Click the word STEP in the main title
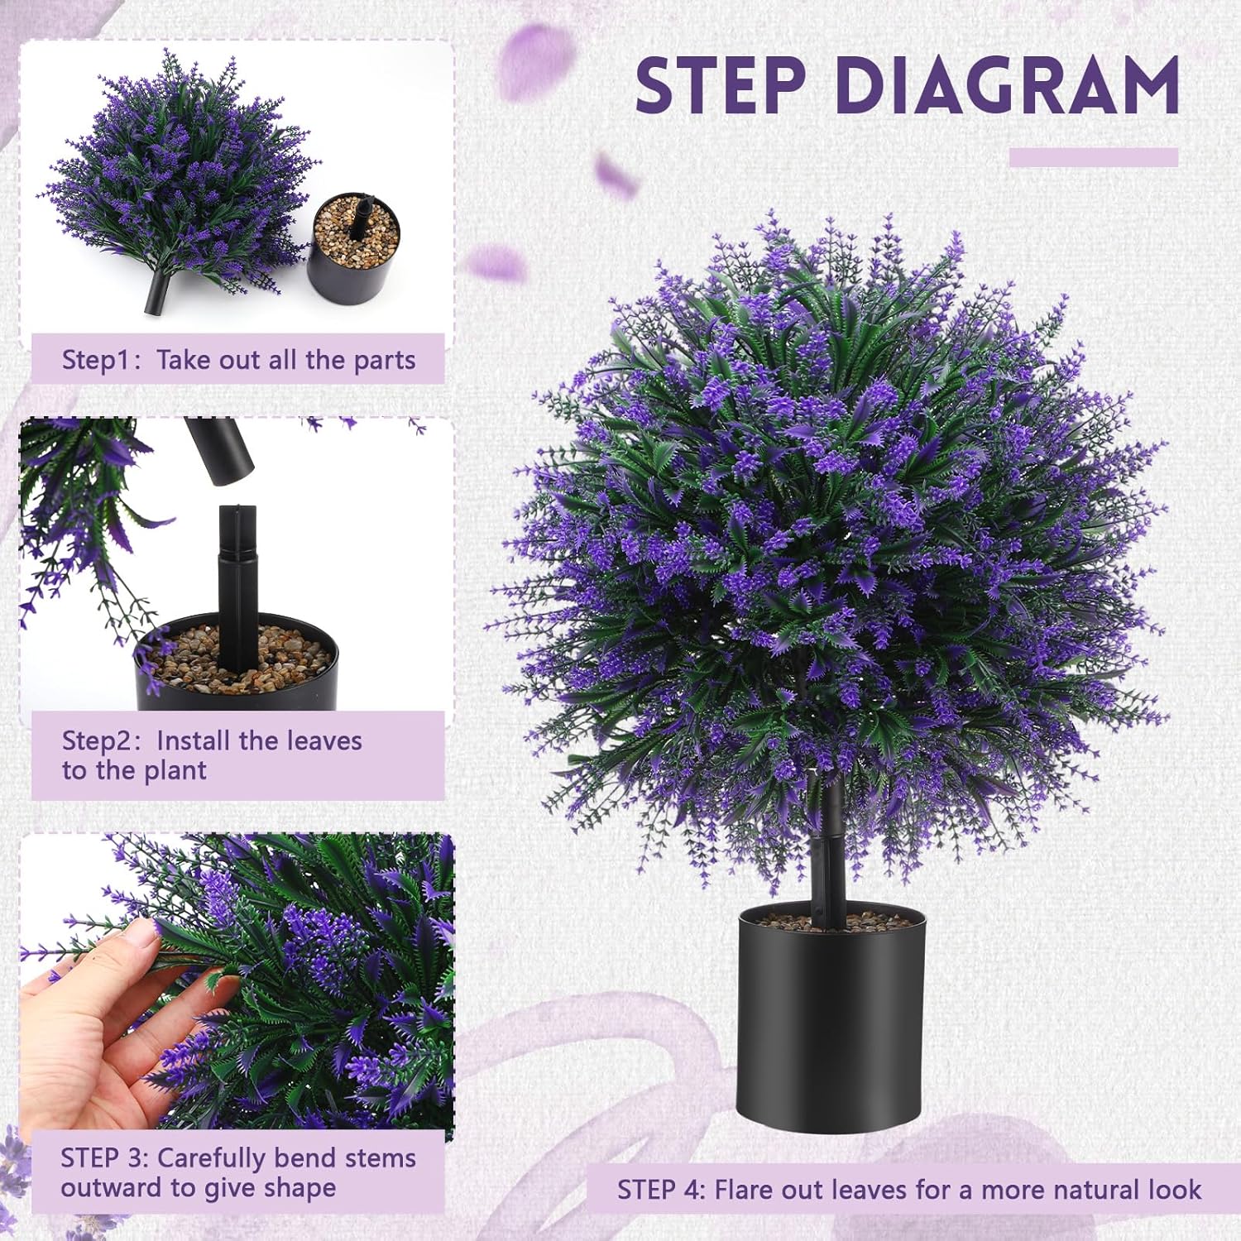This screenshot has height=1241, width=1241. (720, 85)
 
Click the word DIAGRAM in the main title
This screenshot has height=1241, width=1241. (1007, 85)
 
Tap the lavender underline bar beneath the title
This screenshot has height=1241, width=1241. (1093, 157)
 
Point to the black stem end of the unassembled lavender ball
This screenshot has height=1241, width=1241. (157, 294)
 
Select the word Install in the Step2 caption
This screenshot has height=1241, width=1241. (194, 740)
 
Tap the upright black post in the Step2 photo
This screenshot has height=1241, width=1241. (237, 579)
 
